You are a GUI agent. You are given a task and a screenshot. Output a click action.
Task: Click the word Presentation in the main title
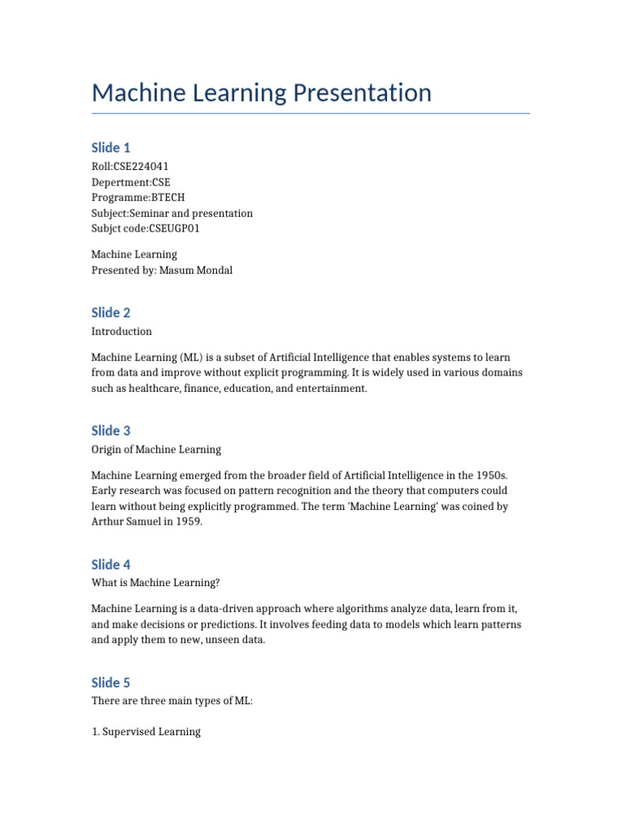[x=360, y=93]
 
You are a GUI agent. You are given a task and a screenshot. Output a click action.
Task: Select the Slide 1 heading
[x=111, y=147]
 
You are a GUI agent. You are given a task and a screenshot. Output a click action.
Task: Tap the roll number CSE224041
[x=142, y=167]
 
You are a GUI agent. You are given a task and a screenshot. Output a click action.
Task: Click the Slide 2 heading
[x=111, y=312]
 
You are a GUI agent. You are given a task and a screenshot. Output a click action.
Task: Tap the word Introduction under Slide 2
[x=121, y=331]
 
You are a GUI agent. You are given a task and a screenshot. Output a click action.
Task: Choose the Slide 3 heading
[x=111, y=431]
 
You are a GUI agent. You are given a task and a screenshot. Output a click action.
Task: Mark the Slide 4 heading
[x=111, y=564]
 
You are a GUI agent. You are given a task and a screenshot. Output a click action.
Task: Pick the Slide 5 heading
[x=111, y=682]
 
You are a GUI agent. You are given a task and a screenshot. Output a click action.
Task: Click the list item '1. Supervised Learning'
[x=146, y=732]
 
